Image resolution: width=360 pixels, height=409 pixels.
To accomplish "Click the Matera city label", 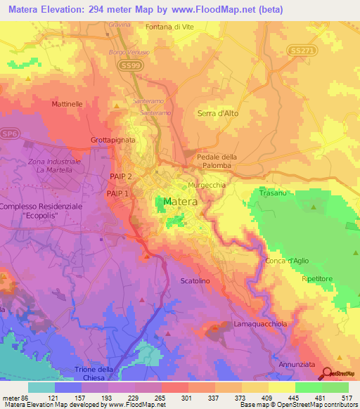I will tap(180, 202).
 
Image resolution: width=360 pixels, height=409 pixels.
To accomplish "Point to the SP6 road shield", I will tap(9, 133).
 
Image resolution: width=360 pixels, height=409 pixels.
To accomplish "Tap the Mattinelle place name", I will tap(67, 103).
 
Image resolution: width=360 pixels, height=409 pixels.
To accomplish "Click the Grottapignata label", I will tap(113, 140).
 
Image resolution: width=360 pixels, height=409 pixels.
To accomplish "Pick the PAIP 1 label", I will tap(118, 193).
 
